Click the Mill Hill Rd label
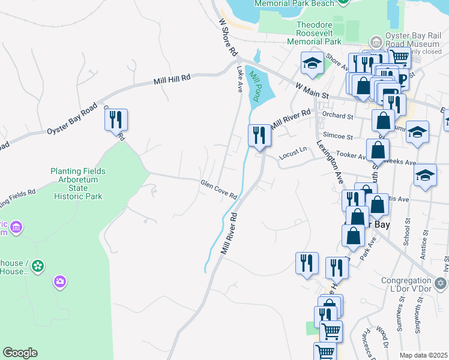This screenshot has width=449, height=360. click(172, 78)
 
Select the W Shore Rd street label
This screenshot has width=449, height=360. click(228, 38)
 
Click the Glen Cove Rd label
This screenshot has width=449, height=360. click(218, 189)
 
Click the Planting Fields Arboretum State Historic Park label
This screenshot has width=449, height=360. click(79, 184)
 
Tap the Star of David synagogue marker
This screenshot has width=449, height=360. click(441, 282)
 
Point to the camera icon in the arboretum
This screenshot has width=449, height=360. click(59, 280)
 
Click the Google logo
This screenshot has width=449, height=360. click(20, 353)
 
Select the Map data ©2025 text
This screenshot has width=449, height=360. click(423, 355)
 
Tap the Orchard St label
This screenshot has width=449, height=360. click(337, 115)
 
